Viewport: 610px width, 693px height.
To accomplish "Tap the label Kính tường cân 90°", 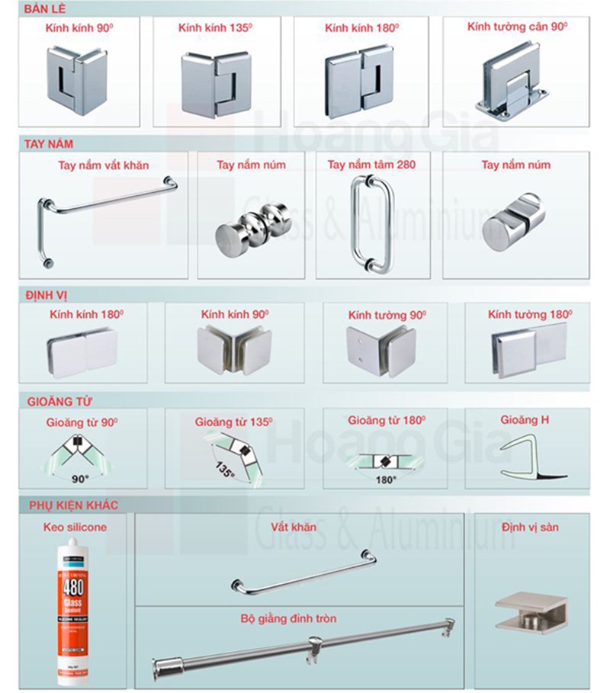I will tap(517, 27).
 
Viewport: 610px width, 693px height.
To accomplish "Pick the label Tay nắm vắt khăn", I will tap(104, 165).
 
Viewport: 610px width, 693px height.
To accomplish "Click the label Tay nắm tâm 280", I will tap(371, 165).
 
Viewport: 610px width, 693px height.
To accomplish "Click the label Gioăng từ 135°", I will tap(234, 421).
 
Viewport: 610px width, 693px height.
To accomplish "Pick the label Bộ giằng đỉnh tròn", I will tap(298, 618).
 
